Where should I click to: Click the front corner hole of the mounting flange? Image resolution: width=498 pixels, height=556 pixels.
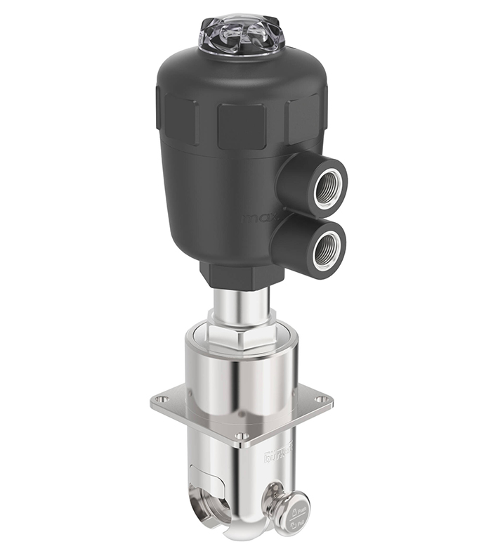click(x=241, y=437)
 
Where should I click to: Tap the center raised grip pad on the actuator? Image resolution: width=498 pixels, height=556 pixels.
click(x=241, y=127)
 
